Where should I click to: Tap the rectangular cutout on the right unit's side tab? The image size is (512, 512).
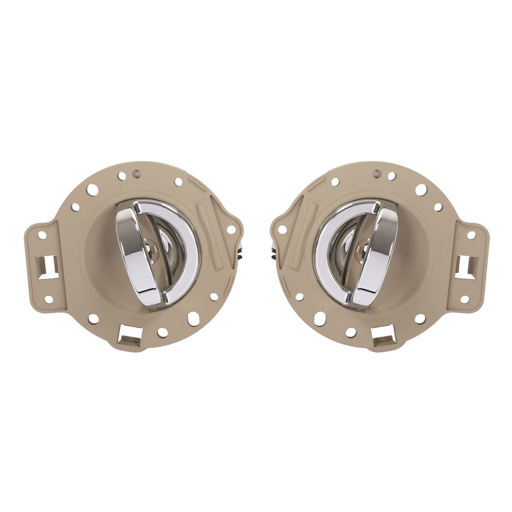pos(469,263)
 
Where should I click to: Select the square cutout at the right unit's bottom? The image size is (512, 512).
pos(382,334)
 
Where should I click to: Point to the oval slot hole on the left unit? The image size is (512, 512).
pos(193,318)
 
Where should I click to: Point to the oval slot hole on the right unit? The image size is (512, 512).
pos(319,319)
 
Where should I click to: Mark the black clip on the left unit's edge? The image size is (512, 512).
pos(240,250)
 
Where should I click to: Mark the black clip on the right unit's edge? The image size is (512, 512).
pos(272,250)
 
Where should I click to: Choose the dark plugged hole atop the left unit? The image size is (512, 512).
pos(136,174)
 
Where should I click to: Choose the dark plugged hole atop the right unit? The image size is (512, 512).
pos(377,174)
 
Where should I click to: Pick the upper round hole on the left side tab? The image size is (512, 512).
pos(42,235)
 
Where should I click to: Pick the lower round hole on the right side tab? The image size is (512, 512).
pos(464,299)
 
